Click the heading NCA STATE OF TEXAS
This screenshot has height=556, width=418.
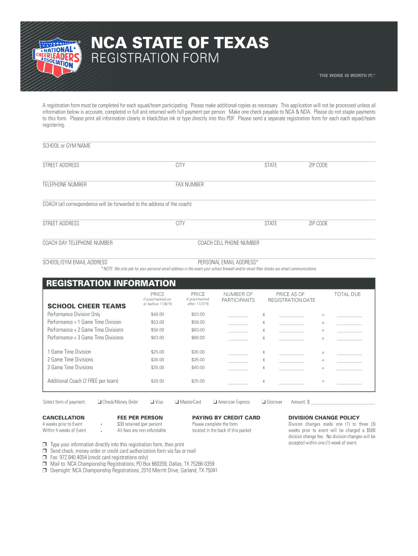pyautogui.click(x=179, y=42)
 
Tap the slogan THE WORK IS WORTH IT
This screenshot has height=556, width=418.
pyautogui.click(x=346, y=75)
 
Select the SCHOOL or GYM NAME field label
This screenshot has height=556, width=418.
pyautogui.click(x=67, y=146)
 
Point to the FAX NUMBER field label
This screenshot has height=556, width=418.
pyautogui.click(x=189, y=185)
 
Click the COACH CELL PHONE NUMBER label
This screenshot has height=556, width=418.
pyautogui.click(x=229, y=243)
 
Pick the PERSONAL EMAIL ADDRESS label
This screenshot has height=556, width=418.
pyautogui.click(x=228, y=262)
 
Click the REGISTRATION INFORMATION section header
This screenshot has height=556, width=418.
pyautogui.click(x=111, y=283)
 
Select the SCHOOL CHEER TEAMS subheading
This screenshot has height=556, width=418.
pyautogui.click(x=87, y=306)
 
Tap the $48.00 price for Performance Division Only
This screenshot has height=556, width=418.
pyautogui.click(x=157, y=314)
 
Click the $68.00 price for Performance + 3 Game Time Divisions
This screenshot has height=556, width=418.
pyautogui.click(x=198, y=338)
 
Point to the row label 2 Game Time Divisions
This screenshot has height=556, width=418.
pyautogui.click(x=70, y=359)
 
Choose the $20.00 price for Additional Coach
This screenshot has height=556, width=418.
pyautogui.click(x=157, y=381)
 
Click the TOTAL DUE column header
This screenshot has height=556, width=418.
pyautogui.click(x=347, y=294)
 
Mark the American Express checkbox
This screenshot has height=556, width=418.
pyautogui.click(x=215, y=402)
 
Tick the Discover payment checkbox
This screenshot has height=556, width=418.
pyautogui.click(x=263, y=402)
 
